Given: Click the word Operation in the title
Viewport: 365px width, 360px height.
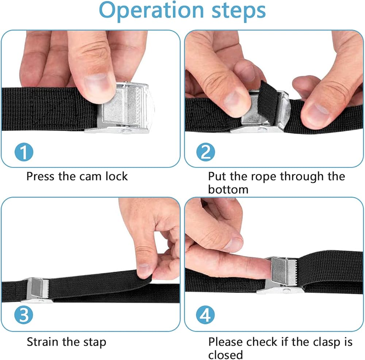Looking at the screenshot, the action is (x=151, y=11).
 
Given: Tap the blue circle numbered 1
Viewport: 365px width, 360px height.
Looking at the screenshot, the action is (x=24, y=152).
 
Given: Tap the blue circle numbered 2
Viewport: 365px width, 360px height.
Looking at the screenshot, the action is (x=205, y=152).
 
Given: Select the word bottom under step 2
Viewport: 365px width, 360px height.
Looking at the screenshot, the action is (x=228, y=190).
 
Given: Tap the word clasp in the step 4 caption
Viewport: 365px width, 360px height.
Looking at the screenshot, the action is (x=326, y=343).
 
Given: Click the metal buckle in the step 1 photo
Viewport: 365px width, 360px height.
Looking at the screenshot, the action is (x=122, y=108).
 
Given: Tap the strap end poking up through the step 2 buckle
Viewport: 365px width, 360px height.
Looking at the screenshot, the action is (x=268, y=100).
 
